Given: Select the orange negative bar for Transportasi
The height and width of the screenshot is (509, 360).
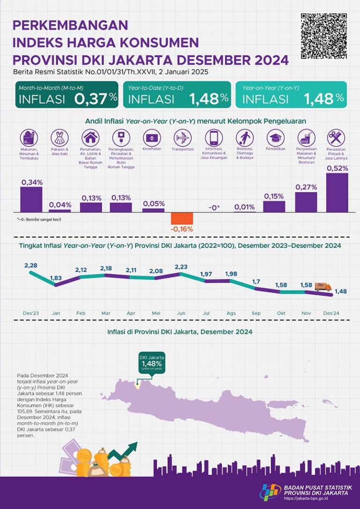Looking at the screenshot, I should point(181,218).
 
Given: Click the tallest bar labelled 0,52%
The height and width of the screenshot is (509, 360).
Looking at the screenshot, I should point(337,193).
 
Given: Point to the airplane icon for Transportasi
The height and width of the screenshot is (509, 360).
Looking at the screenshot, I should point(182,138).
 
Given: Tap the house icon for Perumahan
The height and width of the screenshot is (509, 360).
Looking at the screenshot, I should point(90,138).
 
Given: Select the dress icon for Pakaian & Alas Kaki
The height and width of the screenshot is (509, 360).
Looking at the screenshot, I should point(60,138).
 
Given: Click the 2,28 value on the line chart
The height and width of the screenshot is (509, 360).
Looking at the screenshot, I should point(31,265).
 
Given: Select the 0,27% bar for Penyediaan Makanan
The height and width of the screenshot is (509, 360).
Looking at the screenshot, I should point(306,202).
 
